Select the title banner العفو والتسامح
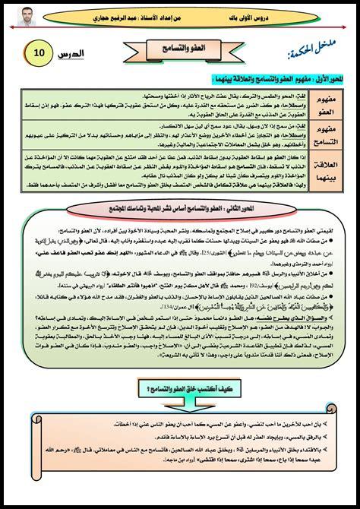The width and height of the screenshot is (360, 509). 180,48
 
